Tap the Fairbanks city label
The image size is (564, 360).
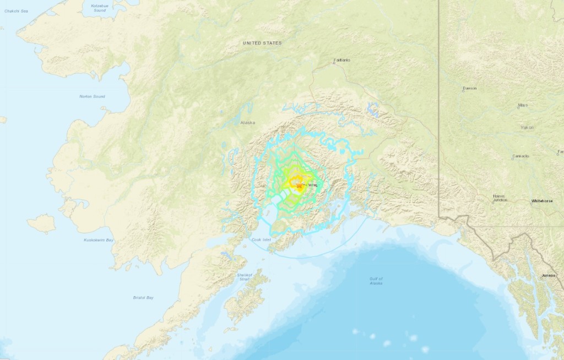pos(342,60)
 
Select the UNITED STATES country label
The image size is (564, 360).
pos(262,42)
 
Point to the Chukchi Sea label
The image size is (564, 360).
pos(16,10)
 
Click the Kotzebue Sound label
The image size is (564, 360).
pos(98,8)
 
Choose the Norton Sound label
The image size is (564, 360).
pos(92,96)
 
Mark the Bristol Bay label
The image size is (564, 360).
pos(143,297)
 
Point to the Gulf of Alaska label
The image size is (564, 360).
pos(376,281)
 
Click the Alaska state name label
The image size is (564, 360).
pos(248,123)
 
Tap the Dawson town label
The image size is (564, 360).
pos(470,88)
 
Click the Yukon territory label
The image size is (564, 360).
pos(527,127)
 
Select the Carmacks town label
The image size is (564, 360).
pos(520,156)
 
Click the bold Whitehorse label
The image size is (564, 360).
pos(542,201)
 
